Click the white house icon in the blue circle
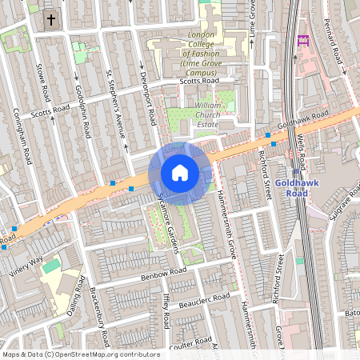(179, 173)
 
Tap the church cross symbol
(50, 19)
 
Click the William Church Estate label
(218, 115)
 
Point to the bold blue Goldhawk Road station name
(297, 187)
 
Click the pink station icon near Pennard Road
(302, 40)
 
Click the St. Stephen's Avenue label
(117, 103)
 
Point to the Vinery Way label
(26, 265)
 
